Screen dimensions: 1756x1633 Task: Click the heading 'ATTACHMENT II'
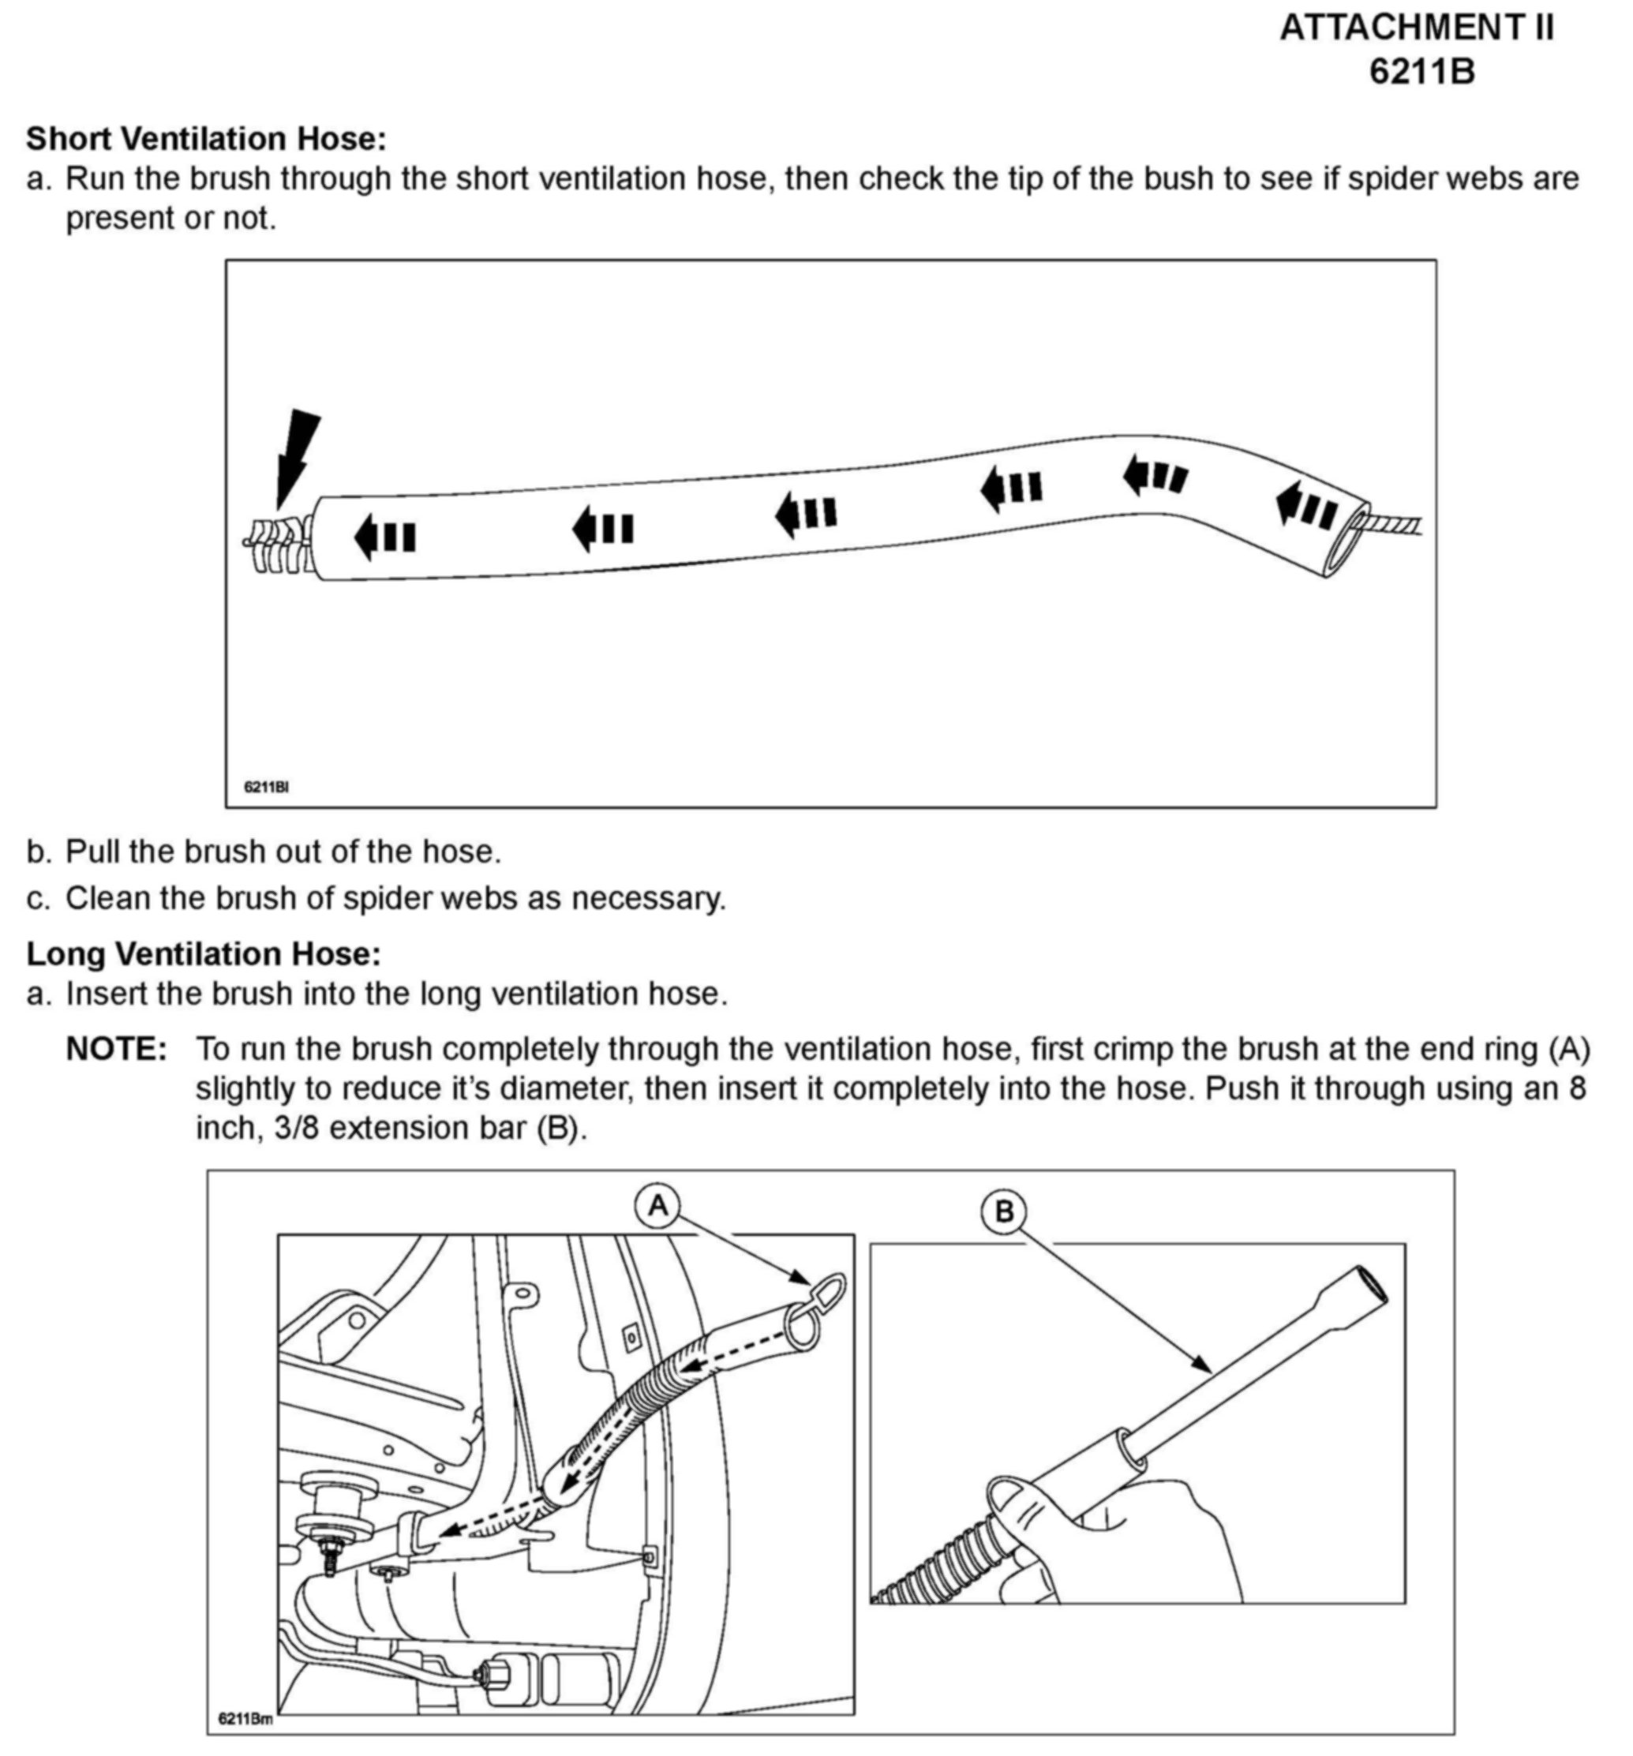click(x=1416, y=28)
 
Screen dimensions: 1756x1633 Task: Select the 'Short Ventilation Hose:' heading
click(x=207, y=139)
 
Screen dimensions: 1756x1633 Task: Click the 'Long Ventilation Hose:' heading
click(x=203, y=954)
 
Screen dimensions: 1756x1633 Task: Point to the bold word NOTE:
click(x=116, y=1050)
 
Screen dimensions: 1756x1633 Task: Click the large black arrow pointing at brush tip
click(x=296, y=455)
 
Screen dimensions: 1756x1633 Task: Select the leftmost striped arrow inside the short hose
click(x=385, y=535)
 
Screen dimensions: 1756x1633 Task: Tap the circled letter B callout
click(x=1003, y=1210)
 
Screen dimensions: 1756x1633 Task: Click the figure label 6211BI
click(x=266, y=786)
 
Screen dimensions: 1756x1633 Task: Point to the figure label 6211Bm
click(x=245, y=1719)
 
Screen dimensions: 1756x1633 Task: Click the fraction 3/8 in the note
click(x=298, y=1129)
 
